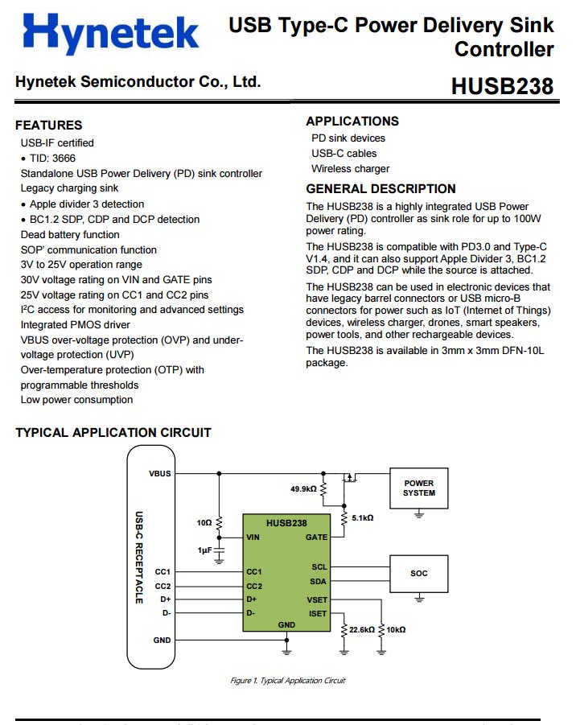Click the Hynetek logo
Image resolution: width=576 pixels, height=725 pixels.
[x=111, y=35]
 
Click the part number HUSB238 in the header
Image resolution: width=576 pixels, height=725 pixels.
[x=502, y=86]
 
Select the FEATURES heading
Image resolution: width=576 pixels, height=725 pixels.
[x=48, y=125]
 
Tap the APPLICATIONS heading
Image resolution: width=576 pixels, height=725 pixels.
[x=352, y=121]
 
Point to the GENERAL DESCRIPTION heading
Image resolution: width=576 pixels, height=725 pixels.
[x=381, y=188]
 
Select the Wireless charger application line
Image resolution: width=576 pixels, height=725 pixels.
[x=350, y=168]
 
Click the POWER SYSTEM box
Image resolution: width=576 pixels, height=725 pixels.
[x=418, y=488]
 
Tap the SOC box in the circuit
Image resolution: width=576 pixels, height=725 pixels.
[x=418, y=574]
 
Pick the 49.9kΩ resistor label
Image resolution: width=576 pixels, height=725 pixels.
[x=303, y=488]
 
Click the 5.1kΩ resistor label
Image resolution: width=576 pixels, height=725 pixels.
[x=363, y=517]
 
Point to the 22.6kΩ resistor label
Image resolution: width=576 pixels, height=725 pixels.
[x=362, y=629]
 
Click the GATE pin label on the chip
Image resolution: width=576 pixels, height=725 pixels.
[x=316, y=537]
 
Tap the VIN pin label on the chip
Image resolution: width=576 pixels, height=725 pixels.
[x=253, y=537]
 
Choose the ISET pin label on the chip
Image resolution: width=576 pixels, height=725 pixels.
[x=317, y=613]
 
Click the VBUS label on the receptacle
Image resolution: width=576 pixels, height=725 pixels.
[x=160, y=473]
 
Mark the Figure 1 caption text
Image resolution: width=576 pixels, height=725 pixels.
[x=287, y=681]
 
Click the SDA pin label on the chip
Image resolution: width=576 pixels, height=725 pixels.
[x=319, y=580]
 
